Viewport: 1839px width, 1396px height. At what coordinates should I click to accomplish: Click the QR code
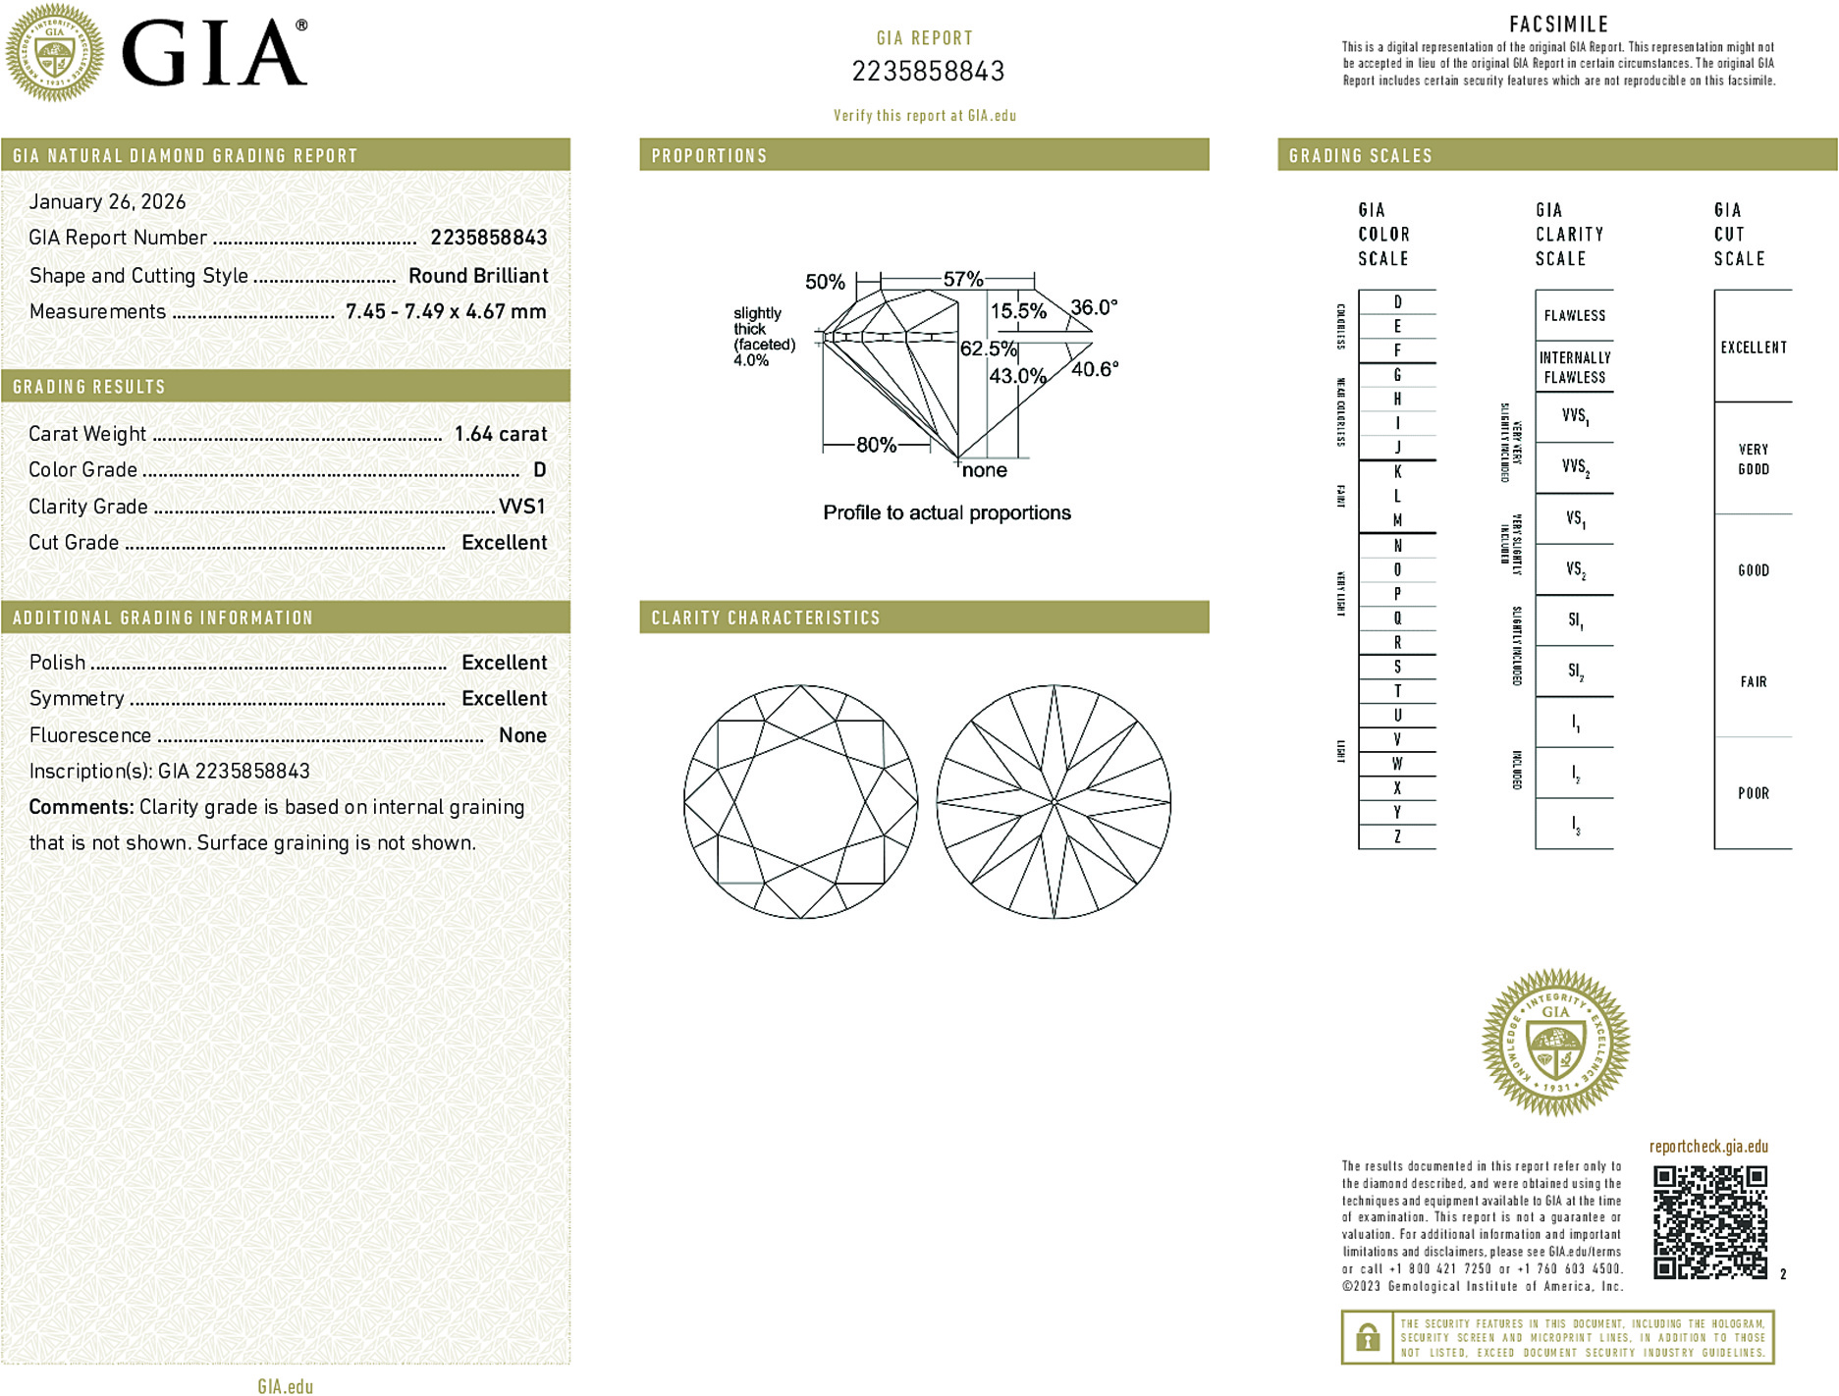pos(1709,1222)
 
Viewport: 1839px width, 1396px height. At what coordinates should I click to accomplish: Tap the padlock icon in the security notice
pos(1367,1337)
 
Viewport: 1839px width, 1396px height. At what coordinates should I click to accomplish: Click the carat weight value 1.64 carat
pos(500,434)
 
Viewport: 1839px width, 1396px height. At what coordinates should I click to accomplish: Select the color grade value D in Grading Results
pos(539,470)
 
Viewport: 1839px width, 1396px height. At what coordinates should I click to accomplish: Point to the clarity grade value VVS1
pos(521,507)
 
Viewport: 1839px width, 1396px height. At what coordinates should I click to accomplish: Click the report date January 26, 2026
pos(107,201)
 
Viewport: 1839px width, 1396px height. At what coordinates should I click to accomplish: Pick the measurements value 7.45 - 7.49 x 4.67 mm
pos(446,311)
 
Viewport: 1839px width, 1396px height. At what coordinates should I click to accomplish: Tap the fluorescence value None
pos(522,735)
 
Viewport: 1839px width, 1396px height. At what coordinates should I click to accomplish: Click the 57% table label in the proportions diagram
pos(962,280)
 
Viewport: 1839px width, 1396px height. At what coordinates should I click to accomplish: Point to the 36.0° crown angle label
pos(1094,307)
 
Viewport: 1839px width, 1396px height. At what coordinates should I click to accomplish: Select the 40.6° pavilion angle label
pos(1095,369)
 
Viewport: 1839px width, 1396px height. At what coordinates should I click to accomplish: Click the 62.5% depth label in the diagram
pos(988,349)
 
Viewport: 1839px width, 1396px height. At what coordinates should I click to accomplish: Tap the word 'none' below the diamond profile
pos(984,470)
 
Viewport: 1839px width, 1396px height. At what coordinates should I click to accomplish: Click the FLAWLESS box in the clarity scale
pos(1574,315)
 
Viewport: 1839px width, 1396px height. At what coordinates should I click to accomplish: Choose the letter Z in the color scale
pos(1397,836)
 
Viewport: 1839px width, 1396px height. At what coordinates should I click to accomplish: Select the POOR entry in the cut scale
pos(1753,793)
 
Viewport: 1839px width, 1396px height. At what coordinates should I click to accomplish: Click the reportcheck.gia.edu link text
pos(1707,1147)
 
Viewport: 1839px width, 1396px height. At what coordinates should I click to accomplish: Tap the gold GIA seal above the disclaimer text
pos(1555,1043)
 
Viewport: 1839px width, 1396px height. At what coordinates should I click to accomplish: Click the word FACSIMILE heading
pos(1558,25)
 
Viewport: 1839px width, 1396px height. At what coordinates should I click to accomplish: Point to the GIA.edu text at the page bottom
pos(285,1386)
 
